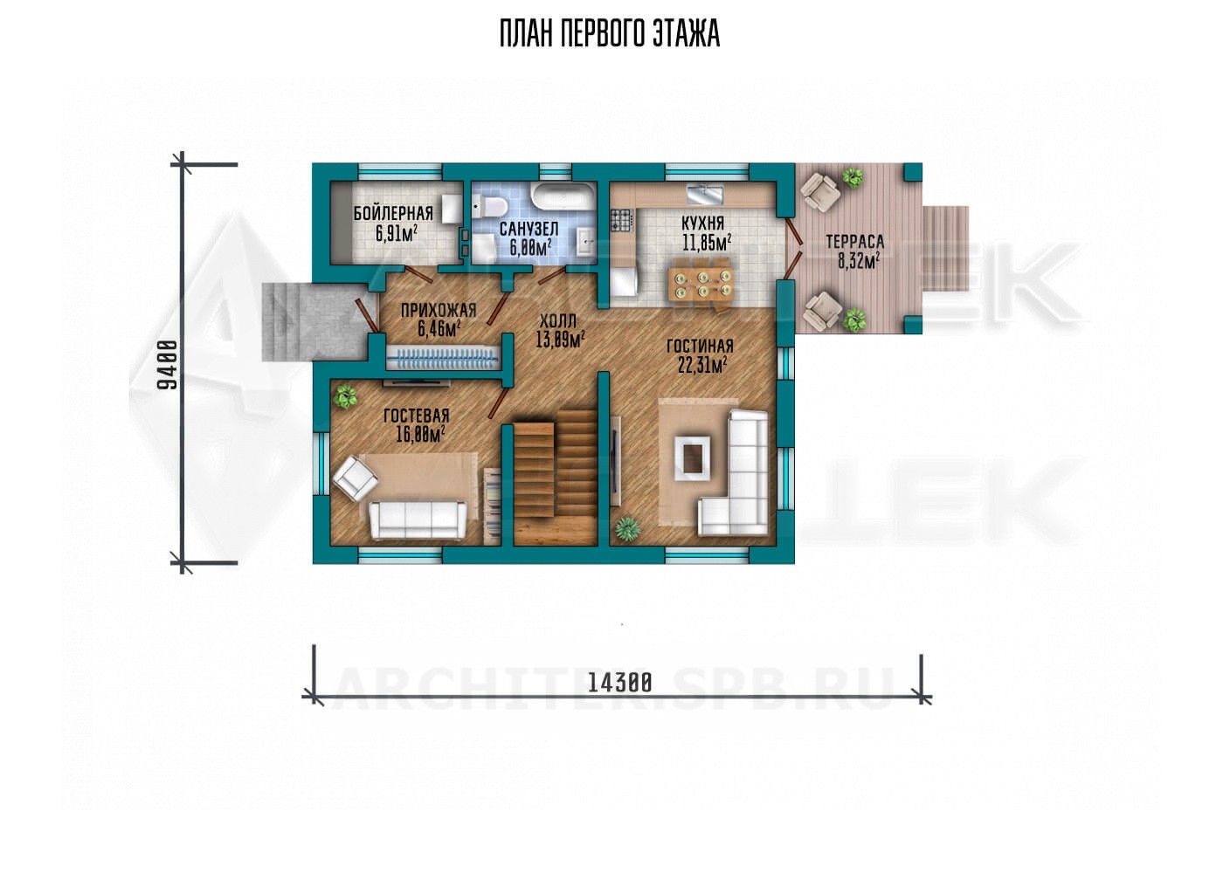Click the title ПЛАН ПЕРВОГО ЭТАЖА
(610, 34)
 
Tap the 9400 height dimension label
(168, 365)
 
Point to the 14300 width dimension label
(619, 683)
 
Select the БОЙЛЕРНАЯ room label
(393, 213)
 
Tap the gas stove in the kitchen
(622, 220)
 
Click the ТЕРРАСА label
(855, 241)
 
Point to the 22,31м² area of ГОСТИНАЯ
(701, 365)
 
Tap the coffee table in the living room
(692, 457)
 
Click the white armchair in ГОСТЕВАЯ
(356, 478)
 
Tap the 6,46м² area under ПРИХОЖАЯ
(439, 329)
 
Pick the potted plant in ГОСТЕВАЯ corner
(345, 396)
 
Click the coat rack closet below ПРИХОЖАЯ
(443, 360)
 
